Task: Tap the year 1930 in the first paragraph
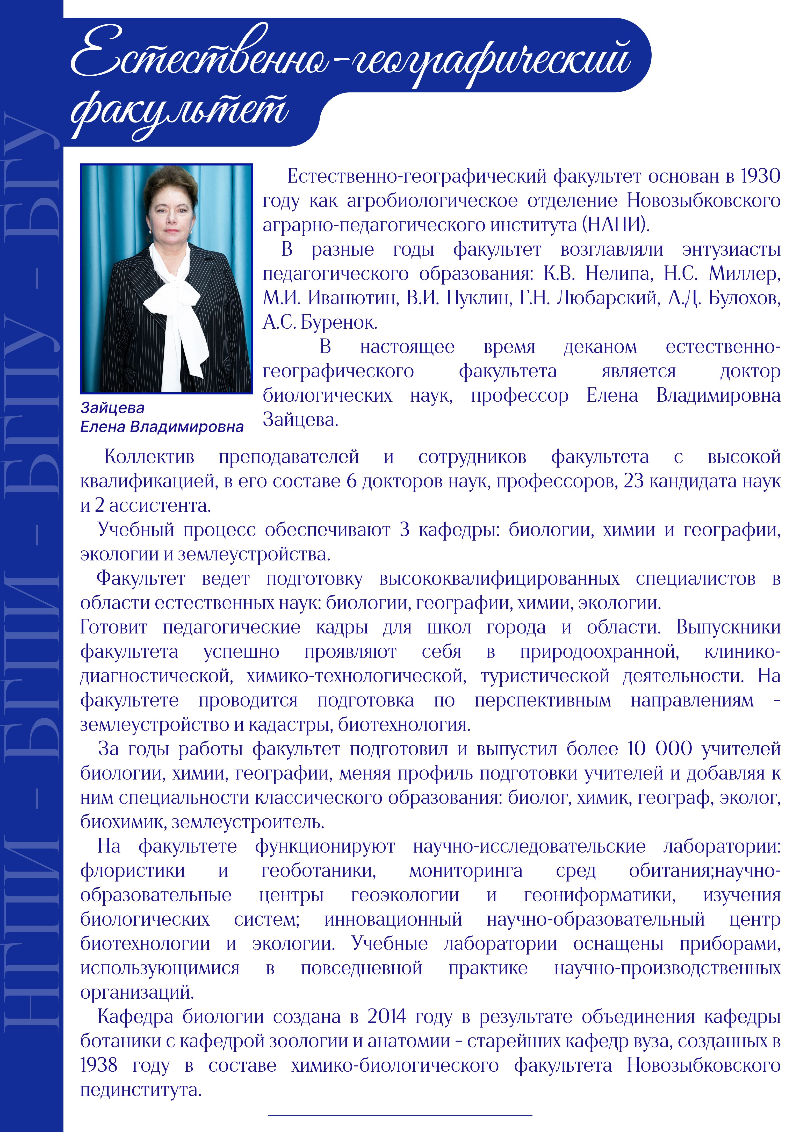(760, 176)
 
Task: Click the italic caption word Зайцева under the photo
(112, 408)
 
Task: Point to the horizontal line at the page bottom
(400, 1114)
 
